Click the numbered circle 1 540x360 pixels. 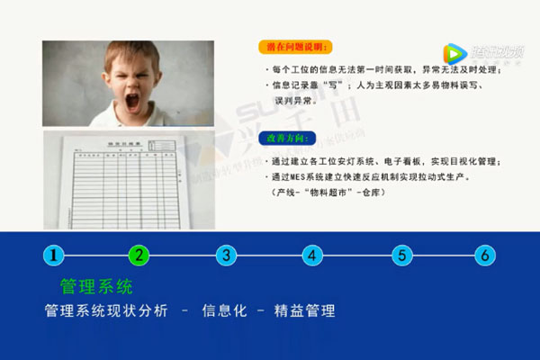[55, 255]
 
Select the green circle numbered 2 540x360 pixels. [139, 255]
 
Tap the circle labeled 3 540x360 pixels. [227, 255]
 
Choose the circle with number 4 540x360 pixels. [313, 255]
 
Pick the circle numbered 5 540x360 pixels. [401, 255]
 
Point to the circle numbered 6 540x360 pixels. [485, 255]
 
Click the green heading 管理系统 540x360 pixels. [95, 287]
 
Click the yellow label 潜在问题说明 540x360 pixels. [292, 47]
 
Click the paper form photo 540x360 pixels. [126, 175]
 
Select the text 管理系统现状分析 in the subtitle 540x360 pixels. [105, 311]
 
